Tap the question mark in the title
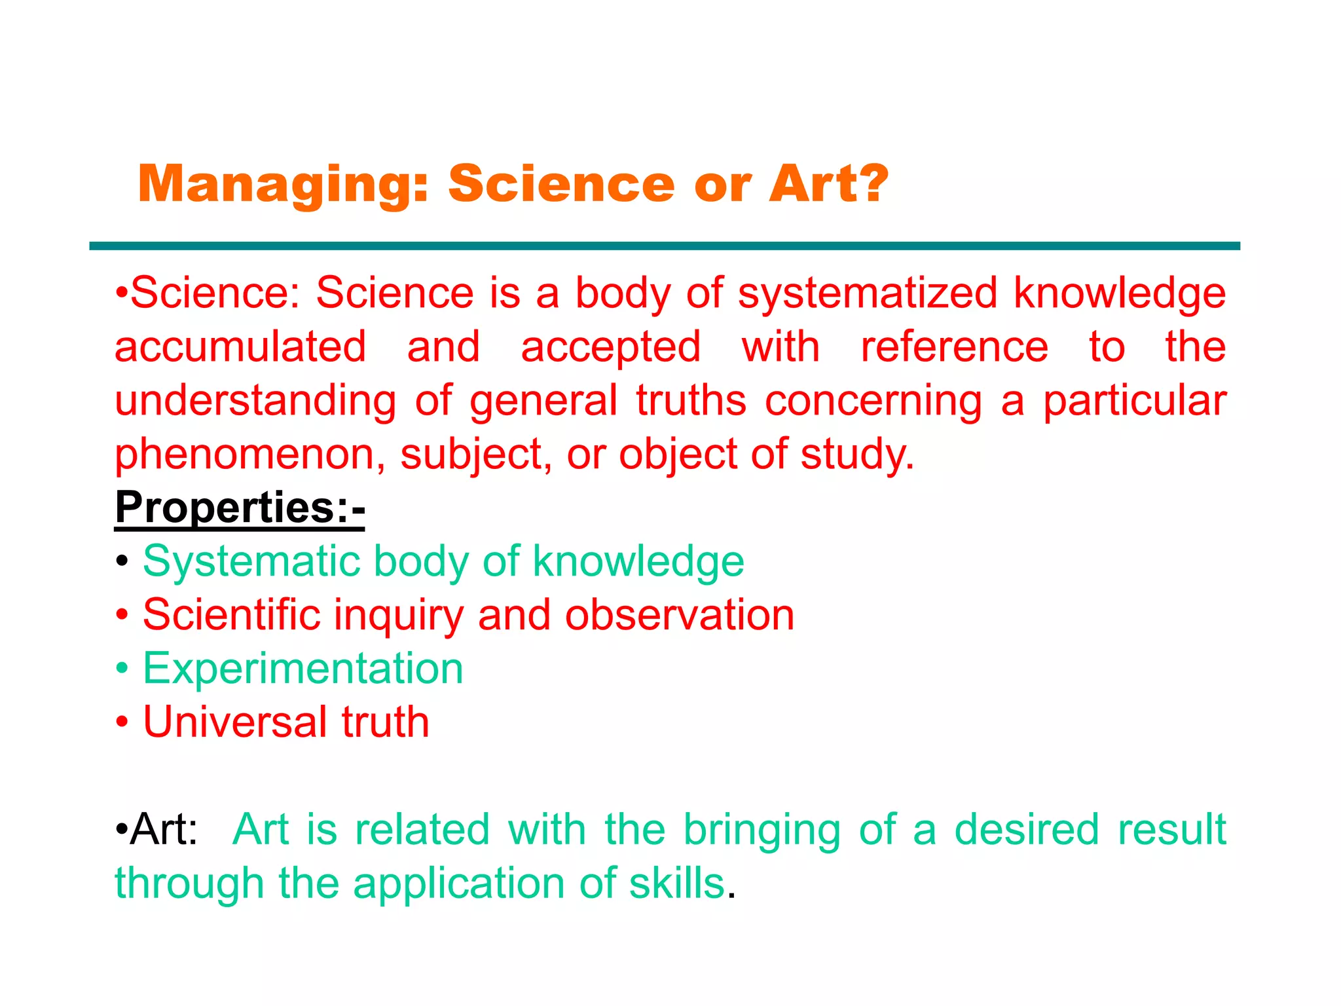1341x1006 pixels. tap(866, 183)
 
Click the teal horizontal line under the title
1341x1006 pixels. tap(664, 246)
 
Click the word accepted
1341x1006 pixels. tap(610, 347)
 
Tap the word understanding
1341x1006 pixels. tap(255, 401)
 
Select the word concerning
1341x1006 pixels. tap(873, 401)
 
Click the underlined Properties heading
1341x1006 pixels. tap(240, 507)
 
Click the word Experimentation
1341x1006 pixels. tap(303, 669)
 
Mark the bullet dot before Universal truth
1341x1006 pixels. tap(122, 723)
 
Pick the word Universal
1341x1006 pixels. tap(234, 722)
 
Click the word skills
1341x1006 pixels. tap(676, 884)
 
